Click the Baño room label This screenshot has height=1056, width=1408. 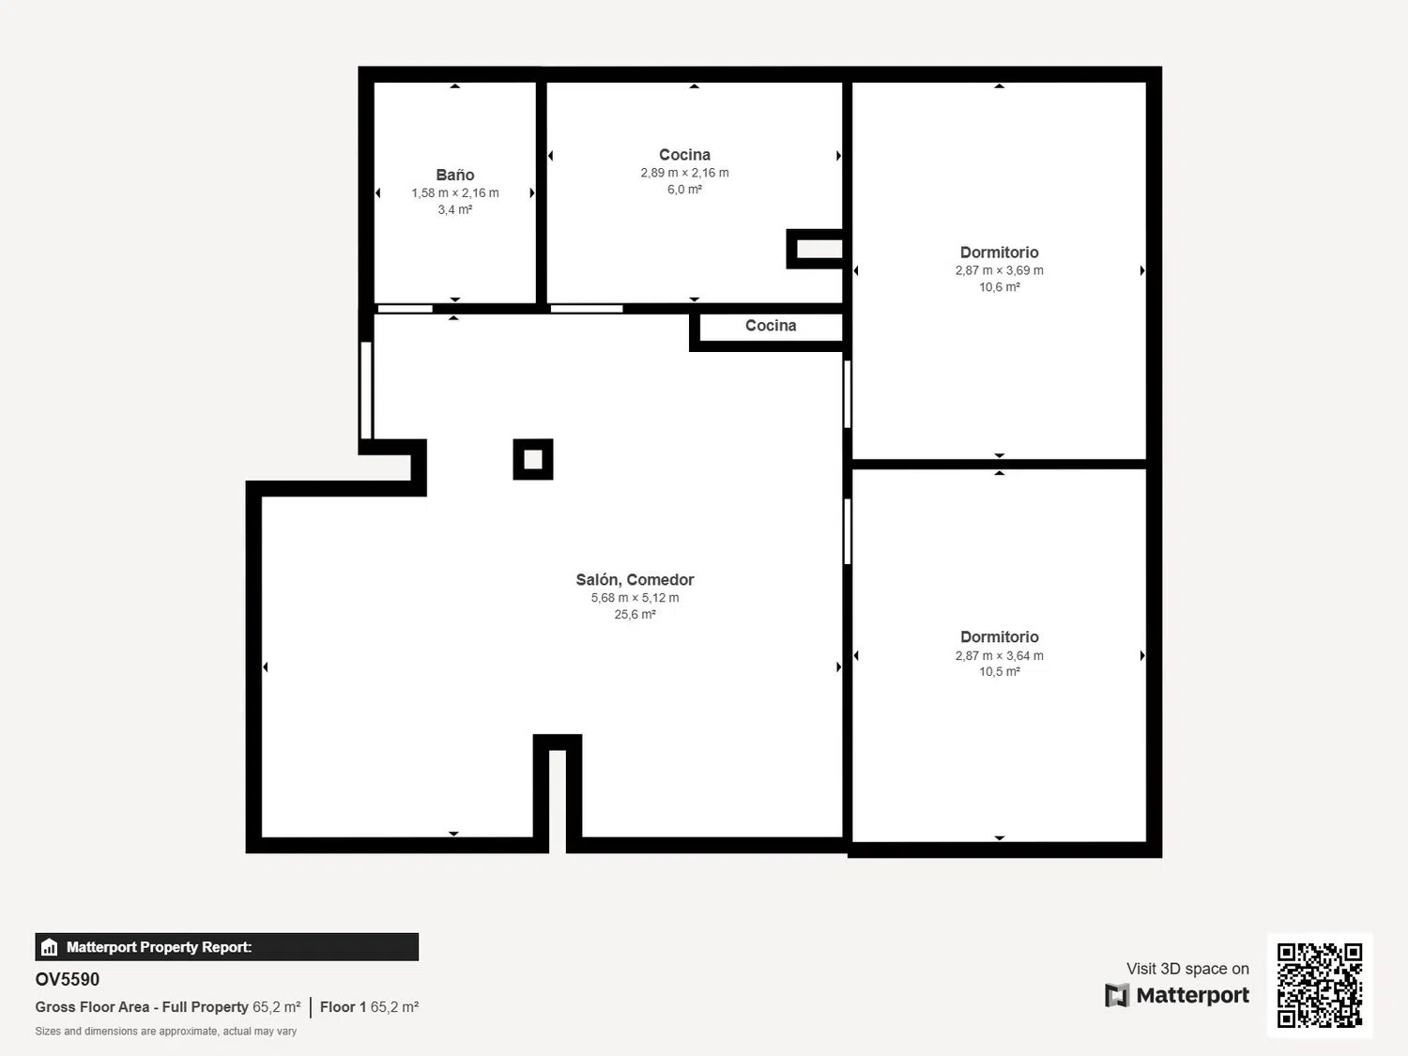point(455,175)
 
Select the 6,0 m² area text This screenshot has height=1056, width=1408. point(684,190)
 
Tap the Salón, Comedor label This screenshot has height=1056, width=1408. point(635,579)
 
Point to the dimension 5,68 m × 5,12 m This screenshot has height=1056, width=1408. point(635,598)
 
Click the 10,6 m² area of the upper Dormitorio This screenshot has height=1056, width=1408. point(999,287)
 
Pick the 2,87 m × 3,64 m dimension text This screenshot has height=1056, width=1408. point(999,655)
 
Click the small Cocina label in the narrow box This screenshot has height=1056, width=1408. point(771,326)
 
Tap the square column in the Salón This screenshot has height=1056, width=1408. point(533,459)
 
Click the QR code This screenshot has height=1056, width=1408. point(1320,985)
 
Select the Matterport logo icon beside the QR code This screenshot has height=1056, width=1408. point(1117,995)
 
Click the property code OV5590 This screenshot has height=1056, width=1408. point(68,979)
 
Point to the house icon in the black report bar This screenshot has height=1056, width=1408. point(50,947)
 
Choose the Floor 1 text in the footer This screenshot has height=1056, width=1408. point(344,1006)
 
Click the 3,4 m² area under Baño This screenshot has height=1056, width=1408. point(455,209)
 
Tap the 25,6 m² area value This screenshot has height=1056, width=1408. point(635,614)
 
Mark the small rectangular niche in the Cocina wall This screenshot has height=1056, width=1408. point(815,249)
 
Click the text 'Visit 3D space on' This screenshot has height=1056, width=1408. point(1187,968)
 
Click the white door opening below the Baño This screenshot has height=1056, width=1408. point(406,309)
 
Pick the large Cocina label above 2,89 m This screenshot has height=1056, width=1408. point(684,155)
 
